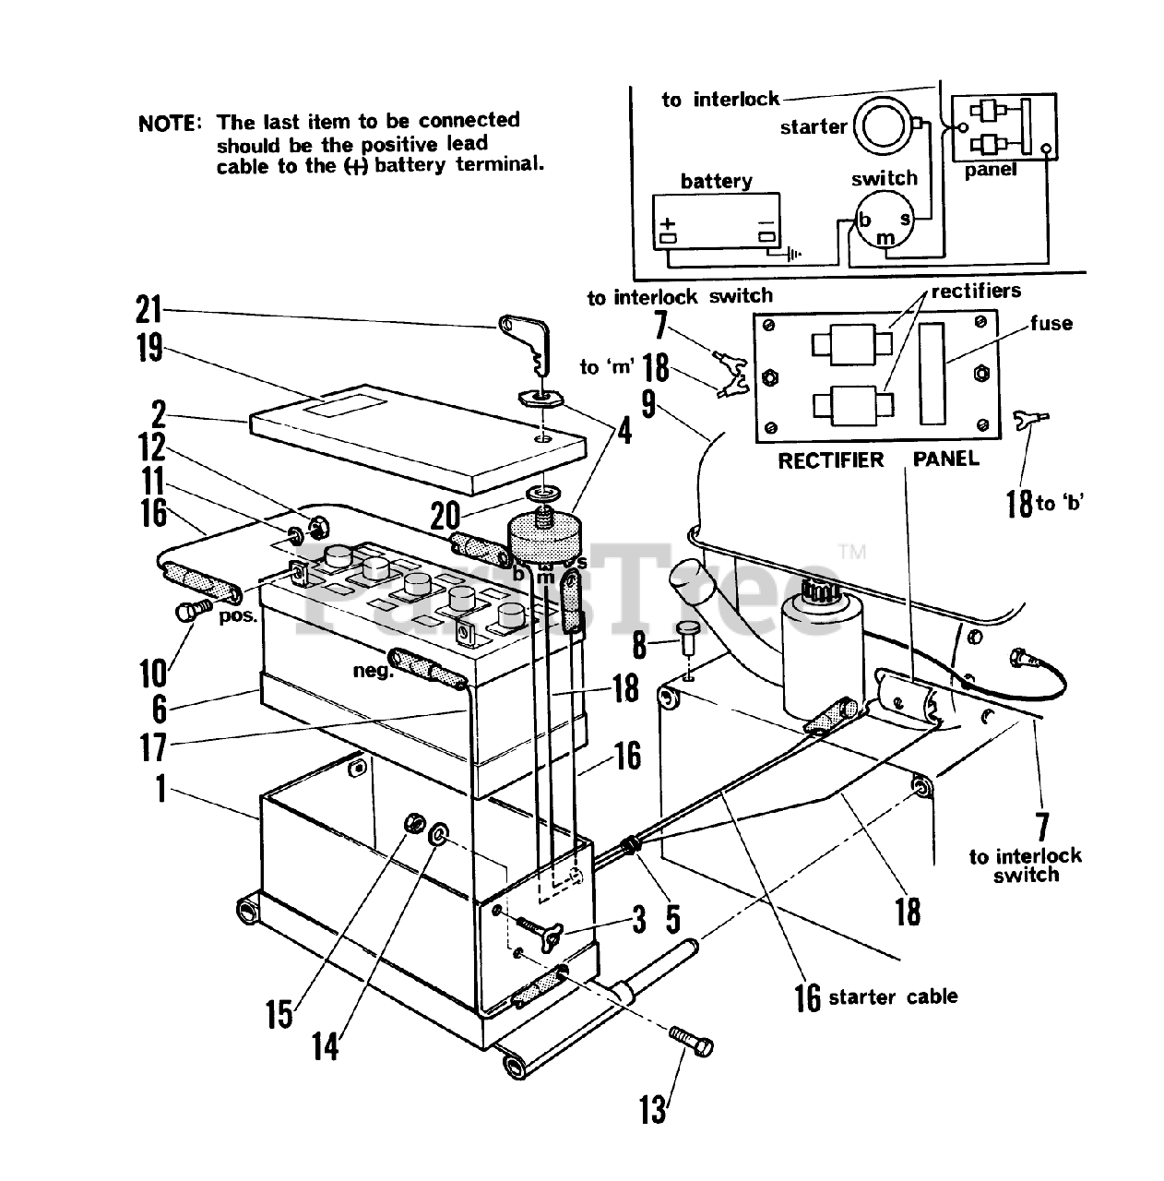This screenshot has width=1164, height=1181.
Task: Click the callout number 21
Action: point(148,309)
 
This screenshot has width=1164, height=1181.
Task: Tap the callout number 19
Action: point(149,348)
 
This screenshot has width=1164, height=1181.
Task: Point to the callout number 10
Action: point(153,674)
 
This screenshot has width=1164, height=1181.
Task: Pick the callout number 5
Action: point(673,919)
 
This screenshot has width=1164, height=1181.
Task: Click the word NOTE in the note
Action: point(170,124)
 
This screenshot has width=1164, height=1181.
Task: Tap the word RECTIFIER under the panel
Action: point(830,460)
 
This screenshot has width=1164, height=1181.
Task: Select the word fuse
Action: point(1051,323)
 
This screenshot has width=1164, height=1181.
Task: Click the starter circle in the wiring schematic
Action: point(884,126)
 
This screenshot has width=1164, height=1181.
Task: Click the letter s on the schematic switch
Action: point(905,219)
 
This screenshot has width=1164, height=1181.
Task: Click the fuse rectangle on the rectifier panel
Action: point(932,374)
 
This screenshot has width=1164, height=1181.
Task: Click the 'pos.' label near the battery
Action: point(239,616)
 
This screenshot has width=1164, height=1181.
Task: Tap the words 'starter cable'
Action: point(893,996)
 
